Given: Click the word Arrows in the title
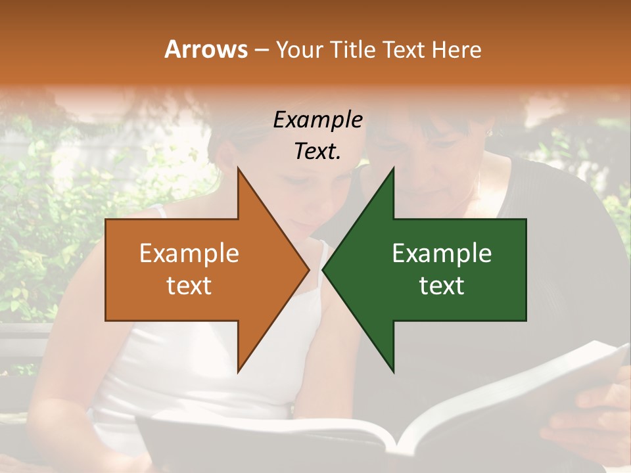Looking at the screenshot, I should pos(206,49).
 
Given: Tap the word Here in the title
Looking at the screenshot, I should pos(456,49).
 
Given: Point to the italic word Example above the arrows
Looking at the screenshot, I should pos(317,120).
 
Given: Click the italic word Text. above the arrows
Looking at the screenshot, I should pos(317,151).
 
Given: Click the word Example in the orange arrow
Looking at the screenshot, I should pos(189,254).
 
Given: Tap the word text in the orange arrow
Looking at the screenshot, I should pos(189,285).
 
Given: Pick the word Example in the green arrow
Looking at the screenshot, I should pos(442,254).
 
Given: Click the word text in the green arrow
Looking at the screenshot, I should pos(442,285).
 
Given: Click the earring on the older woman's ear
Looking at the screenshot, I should pos(488,132).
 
